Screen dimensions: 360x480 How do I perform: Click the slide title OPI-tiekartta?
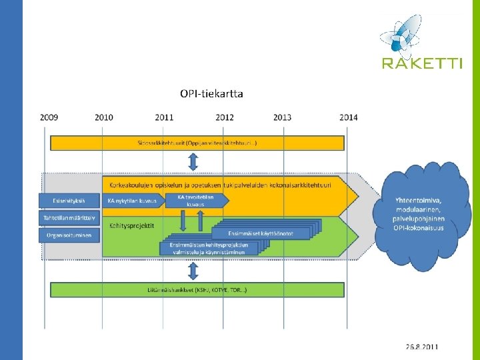pos(211,93)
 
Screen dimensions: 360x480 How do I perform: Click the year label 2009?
pos(49,117)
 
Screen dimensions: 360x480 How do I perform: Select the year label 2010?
pos(104,117)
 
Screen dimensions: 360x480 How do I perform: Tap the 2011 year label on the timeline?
pos(165,117)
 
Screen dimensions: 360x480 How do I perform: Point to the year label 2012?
pos(225,117)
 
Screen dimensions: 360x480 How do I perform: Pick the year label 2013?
pos(282,117)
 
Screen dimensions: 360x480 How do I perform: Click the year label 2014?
pos(348,117)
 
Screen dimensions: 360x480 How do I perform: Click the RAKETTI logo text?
pos(421,63)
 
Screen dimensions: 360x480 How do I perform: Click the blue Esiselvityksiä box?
pos(69,201)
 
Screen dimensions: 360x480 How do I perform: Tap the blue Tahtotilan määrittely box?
pos(69,217)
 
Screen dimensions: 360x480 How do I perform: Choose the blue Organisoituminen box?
pos(69,235)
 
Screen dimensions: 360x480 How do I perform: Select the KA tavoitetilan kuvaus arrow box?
pos(199,200)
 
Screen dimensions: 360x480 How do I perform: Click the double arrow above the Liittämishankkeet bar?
pos(193,271)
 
